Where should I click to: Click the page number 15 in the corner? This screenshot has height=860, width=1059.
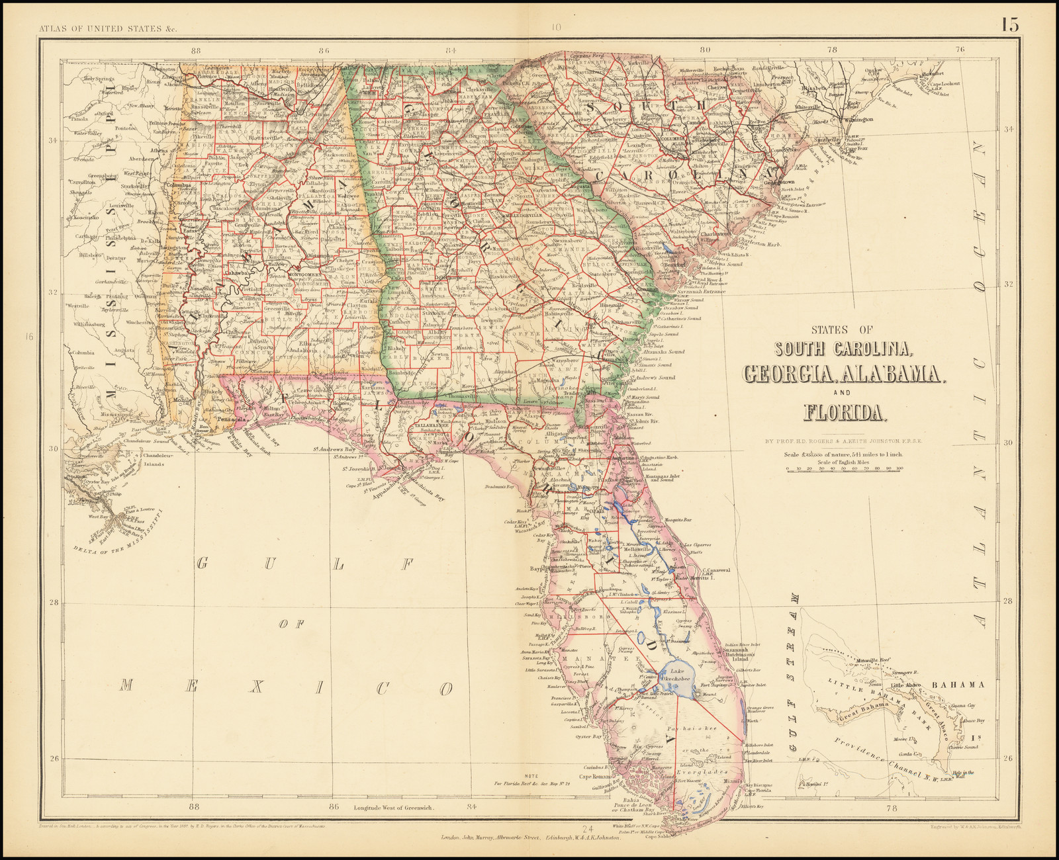point(1009,25)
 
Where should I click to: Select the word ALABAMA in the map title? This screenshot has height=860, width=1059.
point(890,374)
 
